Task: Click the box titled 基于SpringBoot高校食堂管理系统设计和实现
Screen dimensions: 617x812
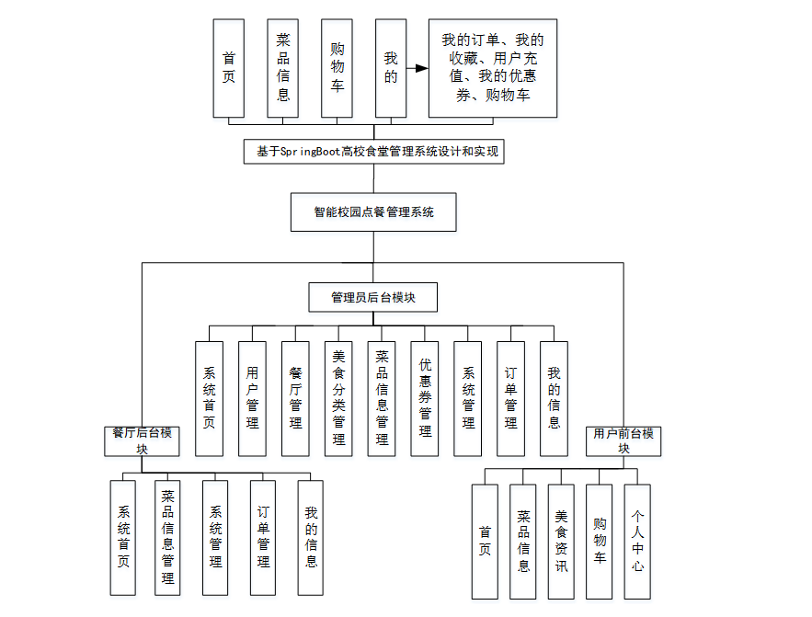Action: pos(373,152)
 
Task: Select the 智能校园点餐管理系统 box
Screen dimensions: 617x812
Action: pos(373,211)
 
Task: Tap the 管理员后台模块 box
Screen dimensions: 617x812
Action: pos(372,297)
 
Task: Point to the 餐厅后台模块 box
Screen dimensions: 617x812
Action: pos(142,440)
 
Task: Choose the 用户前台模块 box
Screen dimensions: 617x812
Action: pos(623,440)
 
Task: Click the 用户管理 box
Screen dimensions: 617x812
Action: pos(252,398)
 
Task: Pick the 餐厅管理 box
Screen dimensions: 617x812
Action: pos(295,398)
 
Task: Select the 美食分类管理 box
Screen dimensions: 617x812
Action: pos(338,398)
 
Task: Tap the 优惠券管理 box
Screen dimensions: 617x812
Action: pos(425,398)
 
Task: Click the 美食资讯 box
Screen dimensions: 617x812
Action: pos(561,542)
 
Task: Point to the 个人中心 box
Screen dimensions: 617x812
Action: pos(637,542)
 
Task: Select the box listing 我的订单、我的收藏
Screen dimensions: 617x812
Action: pos(492,68)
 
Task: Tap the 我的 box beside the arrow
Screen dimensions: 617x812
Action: pos(391,68)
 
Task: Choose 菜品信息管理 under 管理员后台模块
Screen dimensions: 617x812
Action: pos(382,398)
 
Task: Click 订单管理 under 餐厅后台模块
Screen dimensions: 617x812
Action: pos(263,536)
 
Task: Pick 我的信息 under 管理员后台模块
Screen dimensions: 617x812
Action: pos(554,398)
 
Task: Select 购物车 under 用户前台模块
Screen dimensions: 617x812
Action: pos(600,542)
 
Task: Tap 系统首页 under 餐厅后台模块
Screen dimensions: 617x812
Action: pos(123,536)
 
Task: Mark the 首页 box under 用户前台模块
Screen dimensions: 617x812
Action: pos(485,542)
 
